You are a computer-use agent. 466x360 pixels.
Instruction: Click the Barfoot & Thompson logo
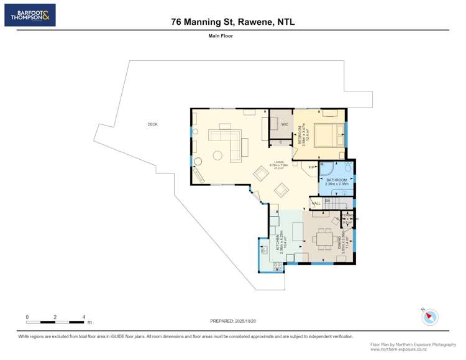click(x=30, y=15)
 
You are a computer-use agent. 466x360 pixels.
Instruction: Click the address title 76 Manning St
click(x=233, y=22)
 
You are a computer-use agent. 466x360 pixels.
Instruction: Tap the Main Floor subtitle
click(x=221, y=36)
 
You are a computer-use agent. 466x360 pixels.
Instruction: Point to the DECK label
click(x=152, y=124)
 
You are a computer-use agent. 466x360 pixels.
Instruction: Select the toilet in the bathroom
click(x=348, y=168)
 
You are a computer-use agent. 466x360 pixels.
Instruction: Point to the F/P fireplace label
click(x=312, y=167)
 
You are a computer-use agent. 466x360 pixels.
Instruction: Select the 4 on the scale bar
click(x=84, y=317)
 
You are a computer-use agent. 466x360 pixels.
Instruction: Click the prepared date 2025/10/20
click(x=233, y=321)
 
